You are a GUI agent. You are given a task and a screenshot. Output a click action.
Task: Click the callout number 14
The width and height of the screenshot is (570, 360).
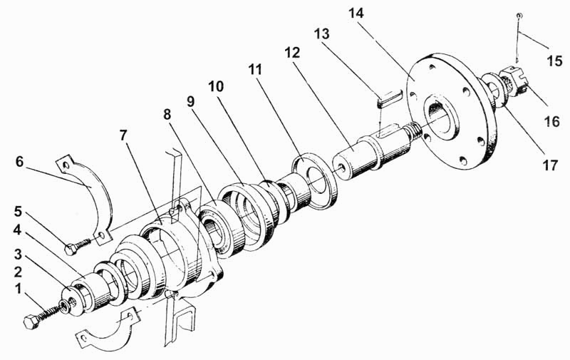356,14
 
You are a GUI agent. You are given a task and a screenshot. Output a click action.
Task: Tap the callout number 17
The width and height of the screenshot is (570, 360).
550,165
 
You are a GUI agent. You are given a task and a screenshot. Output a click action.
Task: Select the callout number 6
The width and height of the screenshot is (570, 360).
19,161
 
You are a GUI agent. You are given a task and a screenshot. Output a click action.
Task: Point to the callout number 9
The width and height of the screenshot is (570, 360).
191,102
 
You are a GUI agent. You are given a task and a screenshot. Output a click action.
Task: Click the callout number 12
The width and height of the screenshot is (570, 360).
292,53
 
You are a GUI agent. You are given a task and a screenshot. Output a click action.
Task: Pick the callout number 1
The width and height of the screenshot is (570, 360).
19,289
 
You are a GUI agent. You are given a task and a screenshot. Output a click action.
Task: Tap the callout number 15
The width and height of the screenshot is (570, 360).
555,61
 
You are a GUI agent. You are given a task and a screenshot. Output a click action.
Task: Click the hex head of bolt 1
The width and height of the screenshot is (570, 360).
31,322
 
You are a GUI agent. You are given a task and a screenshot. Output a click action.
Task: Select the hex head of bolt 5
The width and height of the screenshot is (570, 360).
71,249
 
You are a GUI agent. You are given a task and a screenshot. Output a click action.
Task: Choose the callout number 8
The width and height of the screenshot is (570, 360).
167,115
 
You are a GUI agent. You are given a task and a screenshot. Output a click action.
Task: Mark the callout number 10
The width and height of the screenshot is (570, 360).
216,86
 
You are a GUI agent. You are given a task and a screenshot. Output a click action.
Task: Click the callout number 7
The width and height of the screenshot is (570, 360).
123,135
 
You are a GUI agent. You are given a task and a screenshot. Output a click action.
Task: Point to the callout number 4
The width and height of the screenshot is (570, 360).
17,230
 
